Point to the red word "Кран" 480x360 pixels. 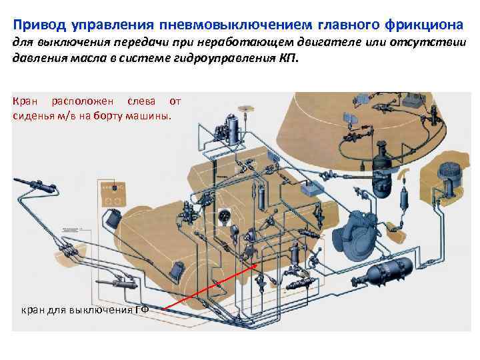tap(25, 102)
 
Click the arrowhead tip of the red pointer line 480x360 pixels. tap(259, 261)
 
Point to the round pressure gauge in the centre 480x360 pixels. tap(224, 216)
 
